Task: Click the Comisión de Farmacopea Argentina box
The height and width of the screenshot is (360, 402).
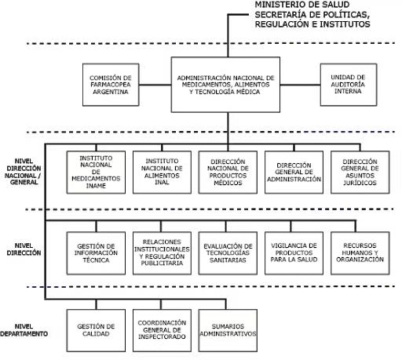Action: [111, 85]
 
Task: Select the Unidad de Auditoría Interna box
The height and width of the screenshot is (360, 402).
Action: [349, 85]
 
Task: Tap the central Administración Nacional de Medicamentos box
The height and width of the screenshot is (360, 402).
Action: [225, 85]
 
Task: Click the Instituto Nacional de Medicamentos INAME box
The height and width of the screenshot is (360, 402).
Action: [96, 173]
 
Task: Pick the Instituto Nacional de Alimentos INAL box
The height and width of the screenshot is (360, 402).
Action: [162, 173]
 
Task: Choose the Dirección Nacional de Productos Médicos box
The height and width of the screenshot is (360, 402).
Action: [228, 173]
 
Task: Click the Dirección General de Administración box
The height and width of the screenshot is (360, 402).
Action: [294, 173]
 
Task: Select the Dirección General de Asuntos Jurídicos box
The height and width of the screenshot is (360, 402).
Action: [360, 173]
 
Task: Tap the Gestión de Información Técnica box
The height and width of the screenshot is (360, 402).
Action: [96, 253]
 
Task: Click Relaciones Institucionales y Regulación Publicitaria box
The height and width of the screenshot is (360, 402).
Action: [162, 253]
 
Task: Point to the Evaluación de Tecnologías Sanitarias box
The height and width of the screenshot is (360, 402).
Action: [228, 253]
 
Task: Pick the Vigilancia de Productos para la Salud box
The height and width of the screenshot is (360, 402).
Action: [294, 253]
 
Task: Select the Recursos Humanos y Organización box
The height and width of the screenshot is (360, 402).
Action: [360, 253]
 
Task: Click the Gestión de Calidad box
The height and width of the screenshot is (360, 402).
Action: [96, 330]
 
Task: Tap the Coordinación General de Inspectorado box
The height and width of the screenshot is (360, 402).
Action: [162, 330]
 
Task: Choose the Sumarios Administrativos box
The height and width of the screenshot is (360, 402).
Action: [228, 330]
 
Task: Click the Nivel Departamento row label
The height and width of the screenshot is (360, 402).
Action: [24, 330]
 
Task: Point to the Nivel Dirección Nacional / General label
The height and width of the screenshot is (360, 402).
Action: [23, 172]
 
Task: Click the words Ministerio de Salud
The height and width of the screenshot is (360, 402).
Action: [302, 5]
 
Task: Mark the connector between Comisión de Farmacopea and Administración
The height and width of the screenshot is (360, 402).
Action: [155, 85]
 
